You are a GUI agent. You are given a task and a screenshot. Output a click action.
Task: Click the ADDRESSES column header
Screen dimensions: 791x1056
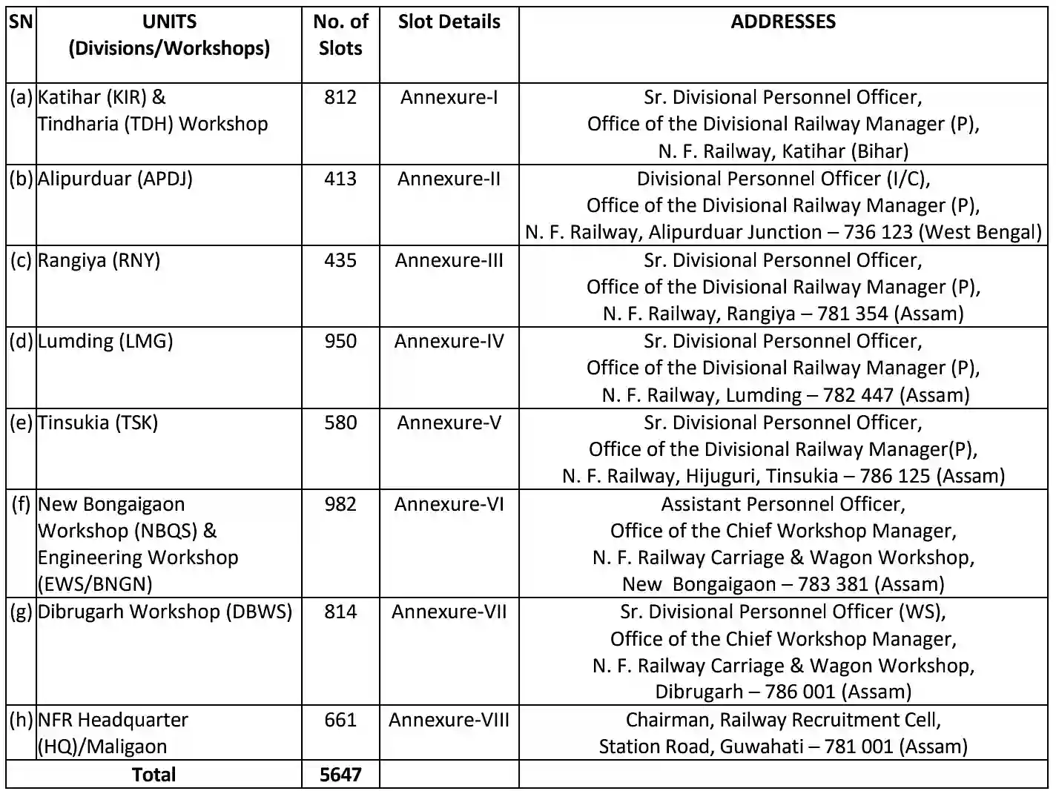(782, 21)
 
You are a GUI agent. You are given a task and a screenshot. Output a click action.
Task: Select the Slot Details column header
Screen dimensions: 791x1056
(449, 21)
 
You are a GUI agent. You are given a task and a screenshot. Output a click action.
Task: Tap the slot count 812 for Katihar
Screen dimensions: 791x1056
(340, 97)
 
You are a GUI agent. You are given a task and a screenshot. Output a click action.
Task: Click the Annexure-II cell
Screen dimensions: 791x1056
(449, 179)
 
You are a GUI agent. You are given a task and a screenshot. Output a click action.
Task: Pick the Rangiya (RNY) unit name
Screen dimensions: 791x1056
(99, 260)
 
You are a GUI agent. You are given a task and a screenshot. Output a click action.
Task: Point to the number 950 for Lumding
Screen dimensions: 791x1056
(340, 341)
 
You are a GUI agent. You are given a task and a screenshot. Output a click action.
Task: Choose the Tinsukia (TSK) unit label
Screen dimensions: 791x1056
(98, 423)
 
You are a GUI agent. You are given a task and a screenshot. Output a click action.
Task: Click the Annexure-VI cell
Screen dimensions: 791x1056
(449, 504)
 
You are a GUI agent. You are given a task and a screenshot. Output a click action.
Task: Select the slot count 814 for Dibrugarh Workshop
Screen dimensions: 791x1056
(340, 612)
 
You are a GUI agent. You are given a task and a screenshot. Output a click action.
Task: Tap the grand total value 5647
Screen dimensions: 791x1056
(340, 775)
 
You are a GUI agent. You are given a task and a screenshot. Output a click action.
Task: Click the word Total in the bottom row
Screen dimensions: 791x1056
(154, 775)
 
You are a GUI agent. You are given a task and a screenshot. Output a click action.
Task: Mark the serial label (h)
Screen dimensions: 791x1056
(21, 720)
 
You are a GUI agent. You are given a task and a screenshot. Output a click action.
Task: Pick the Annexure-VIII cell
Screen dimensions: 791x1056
(449, 720)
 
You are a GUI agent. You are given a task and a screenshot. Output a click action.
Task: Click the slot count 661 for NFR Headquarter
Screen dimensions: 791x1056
(340, 720)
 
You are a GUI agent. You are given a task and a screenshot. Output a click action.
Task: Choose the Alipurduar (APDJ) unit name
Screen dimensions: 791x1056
(115, 179)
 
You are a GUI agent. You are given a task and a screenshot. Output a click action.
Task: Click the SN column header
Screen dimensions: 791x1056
(21, 21)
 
